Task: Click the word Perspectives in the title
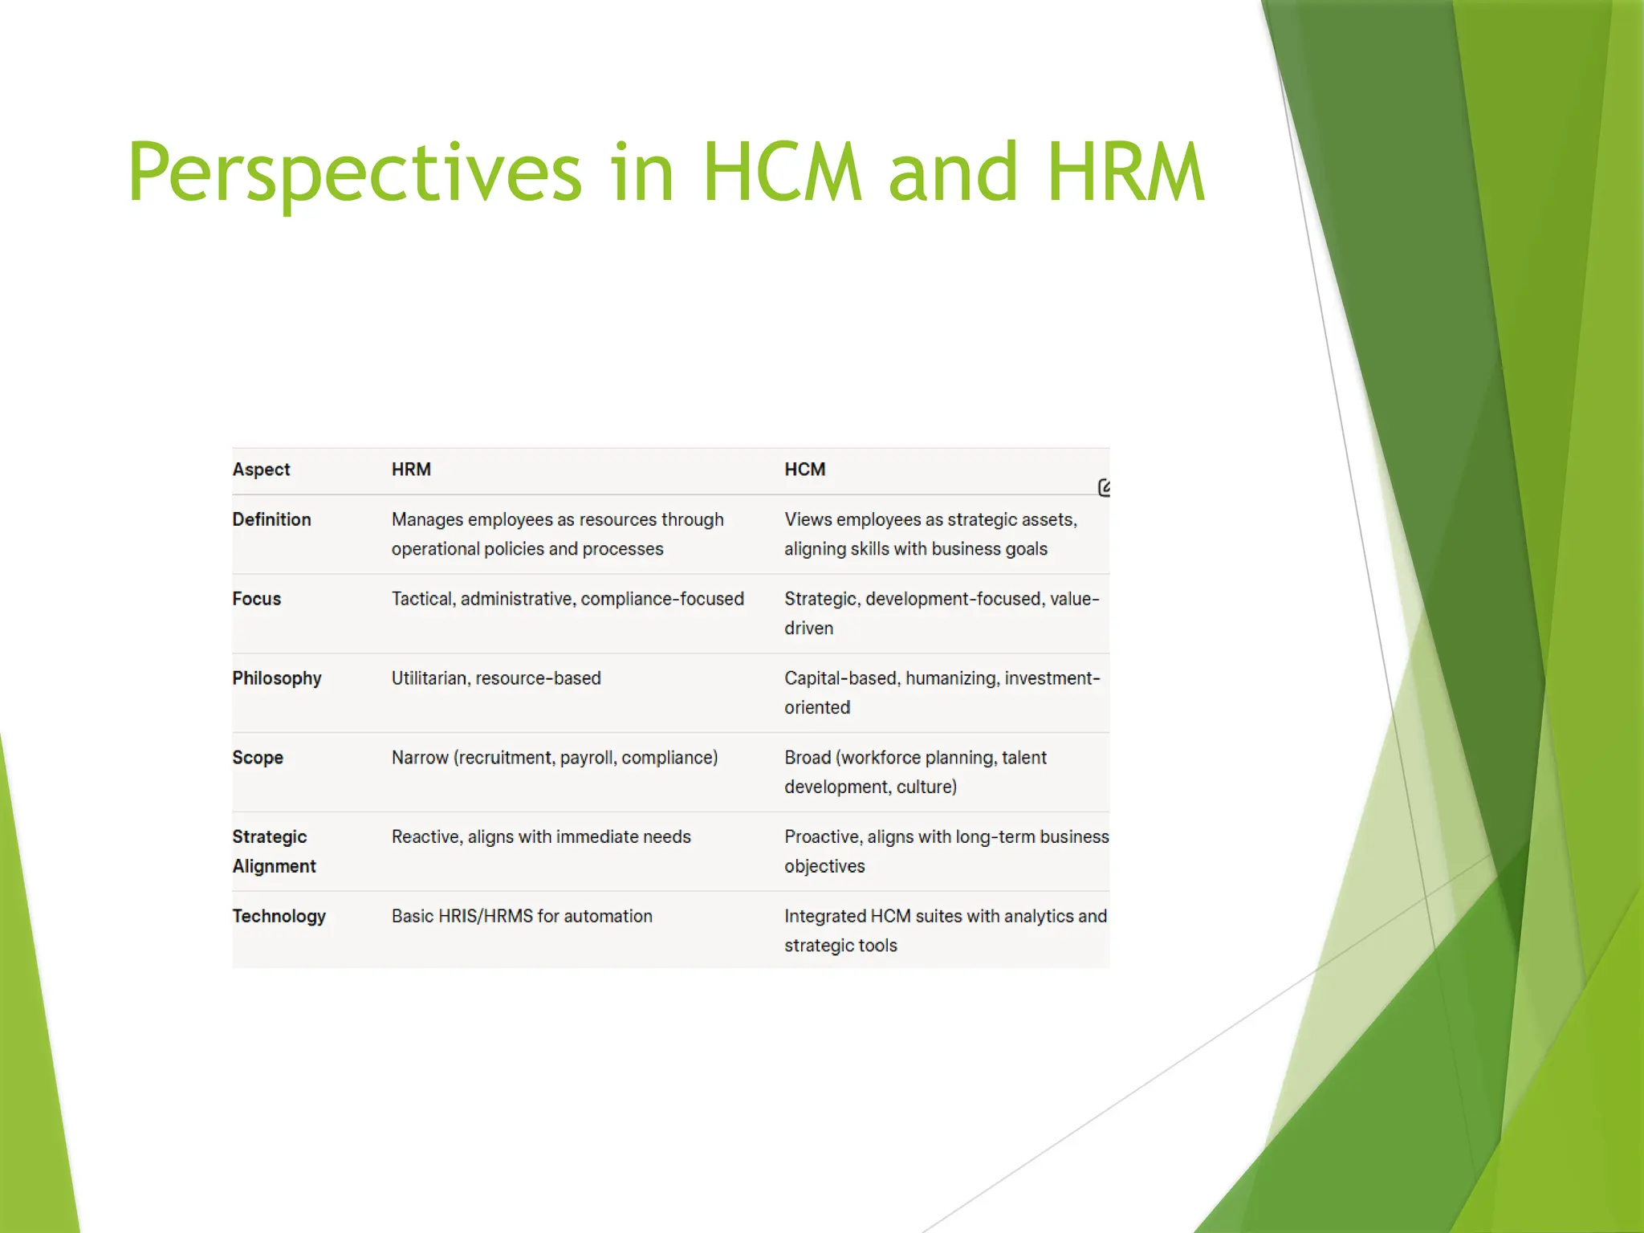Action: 354,173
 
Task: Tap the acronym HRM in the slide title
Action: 1125,173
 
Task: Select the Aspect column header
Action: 261,470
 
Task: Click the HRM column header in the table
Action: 411,470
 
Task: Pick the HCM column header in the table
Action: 804,470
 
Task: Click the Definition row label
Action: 271,519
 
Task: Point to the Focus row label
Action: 257,599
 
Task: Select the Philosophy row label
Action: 277,678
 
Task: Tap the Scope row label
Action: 258,758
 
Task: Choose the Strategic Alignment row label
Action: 273,851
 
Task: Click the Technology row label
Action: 279,917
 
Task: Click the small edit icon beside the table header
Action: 1105,487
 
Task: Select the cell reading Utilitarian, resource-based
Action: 496,678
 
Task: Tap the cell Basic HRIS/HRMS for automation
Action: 522,917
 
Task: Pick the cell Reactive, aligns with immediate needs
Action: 541,837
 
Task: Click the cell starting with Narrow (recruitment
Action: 555,758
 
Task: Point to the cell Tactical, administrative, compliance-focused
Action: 568,599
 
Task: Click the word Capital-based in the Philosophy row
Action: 840,678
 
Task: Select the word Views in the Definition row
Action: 808,519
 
